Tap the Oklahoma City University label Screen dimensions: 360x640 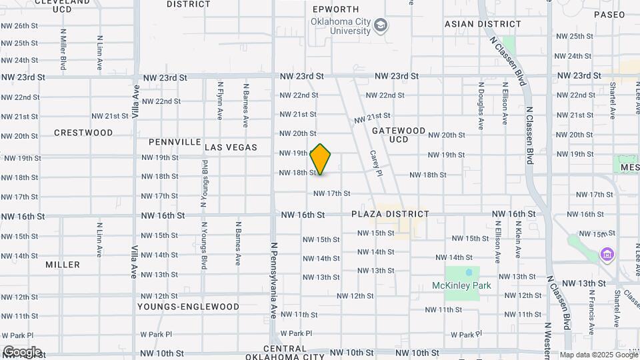coord(340,26)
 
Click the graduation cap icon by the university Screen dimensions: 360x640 coord(381,26)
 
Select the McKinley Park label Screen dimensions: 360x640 coord(461,285)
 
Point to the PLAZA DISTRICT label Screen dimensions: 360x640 coord(391,214)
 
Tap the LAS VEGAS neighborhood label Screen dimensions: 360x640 coord(231,147)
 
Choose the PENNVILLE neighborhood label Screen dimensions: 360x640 coord(175,142)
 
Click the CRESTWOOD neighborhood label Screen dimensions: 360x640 coord(83,133)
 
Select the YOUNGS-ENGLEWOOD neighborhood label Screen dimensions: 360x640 coord(188,307)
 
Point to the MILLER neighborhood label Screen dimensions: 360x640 coord(63,265)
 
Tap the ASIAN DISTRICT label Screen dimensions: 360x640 coord(473,24)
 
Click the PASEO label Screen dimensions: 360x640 coord(609,14)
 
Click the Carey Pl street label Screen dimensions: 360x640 coord(375,163)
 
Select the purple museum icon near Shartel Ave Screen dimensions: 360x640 coord(606,255)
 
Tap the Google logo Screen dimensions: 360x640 coord(21,352)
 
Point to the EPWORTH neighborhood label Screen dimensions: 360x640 coord(336,9)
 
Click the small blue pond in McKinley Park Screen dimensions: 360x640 coord(469,273)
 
